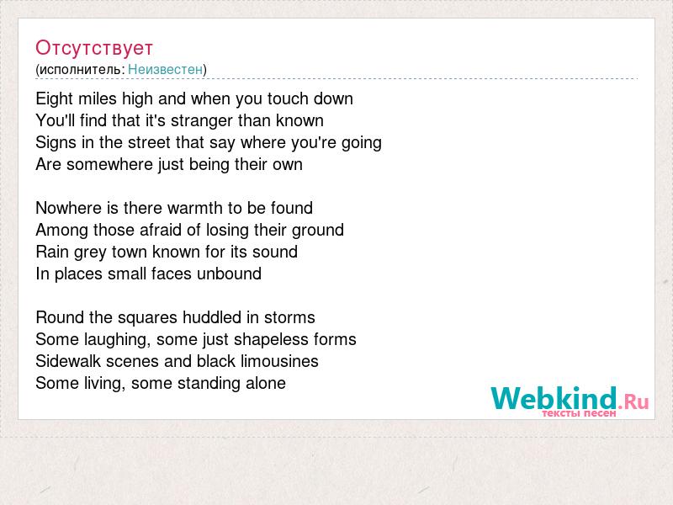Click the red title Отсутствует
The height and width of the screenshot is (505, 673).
tap(94, 48)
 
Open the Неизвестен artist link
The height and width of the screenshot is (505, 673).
tap(165, 69)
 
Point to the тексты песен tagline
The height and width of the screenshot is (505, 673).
tap(579, 413)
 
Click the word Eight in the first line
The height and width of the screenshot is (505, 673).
tap(55, 99)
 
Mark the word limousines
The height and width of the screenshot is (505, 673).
tap(279, 362)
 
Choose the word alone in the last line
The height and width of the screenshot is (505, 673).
tap(266, 384)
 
